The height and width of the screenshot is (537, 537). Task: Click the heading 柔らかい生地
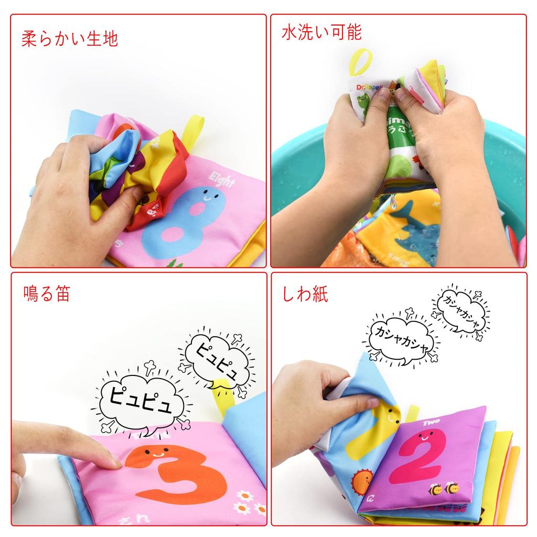[x=70, y=39]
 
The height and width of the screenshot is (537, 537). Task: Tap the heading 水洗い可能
[x=321, y=33]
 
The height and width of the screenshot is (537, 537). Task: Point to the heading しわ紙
[x=305, y=294]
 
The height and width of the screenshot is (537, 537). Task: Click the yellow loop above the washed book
[x=362, y=63]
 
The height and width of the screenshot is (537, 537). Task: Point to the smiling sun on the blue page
[x=361, y=481]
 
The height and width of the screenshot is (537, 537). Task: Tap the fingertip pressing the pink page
[x=112, y=461]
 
